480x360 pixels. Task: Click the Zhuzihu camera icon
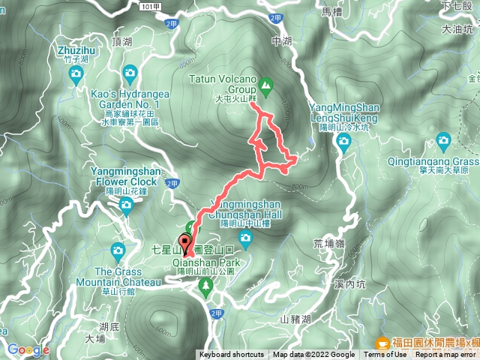point(75,73)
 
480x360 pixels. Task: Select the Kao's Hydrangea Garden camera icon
point(130,73)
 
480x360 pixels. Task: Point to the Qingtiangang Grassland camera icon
point(443,140)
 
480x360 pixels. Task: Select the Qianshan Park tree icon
point(205,285)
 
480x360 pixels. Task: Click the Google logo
point(28,349)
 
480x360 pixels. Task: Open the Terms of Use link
point(385,355)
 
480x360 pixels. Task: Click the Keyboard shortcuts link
point(232,355)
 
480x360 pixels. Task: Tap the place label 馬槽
point(331,12)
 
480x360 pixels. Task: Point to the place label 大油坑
point(457,30)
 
